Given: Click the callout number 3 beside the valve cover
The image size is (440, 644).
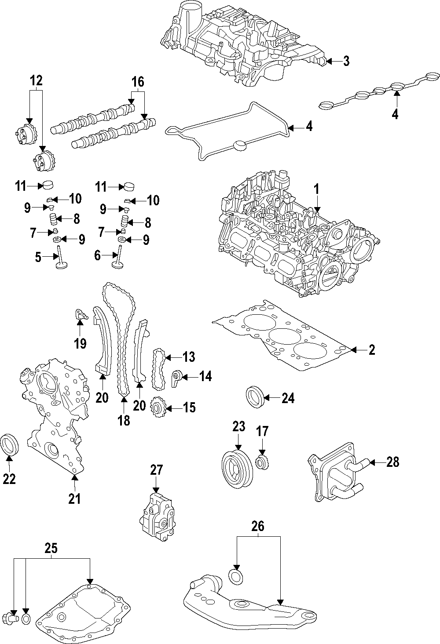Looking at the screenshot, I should pyautogui.click(x=346, y=61).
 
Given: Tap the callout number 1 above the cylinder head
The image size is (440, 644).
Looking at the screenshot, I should pyautogui.click(x=316, y=189).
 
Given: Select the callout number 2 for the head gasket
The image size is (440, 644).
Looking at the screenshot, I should pyautogui.click(x=372, y=350).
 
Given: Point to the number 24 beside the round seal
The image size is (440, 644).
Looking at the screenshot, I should pyautogui.click(x=288, y=398).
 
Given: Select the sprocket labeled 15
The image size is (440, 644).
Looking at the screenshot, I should pyautogui.click(x=157, y=408).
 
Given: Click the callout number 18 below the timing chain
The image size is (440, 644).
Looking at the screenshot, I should pyautogui.click(x=124, y=421).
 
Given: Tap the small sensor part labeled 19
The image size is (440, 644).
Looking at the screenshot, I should pyautogui.click(x=81, y=314).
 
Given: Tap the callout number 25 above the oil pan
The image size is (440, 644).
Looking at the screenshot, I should pyautogui.click(x=51, y=548).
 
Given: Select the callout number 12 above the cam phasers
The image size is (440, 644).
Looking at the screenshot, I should pyautogui.click(x=36, y=80).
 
